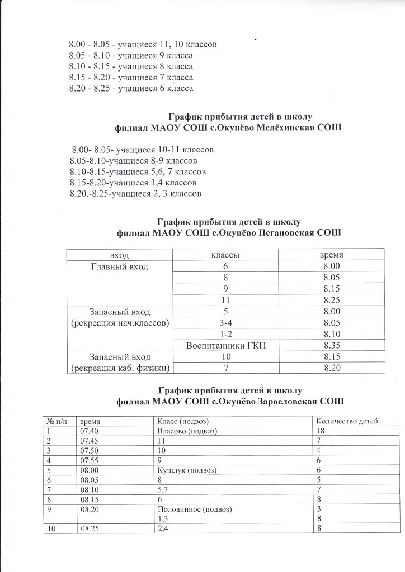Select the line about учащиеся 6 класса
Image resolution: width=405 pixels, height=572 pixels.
click(131, 88)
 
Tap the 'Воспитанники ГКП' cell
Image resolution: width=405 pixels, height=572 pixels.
click(225, 345)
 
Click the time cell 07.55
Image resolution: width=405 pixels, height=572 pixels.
click(89, 461)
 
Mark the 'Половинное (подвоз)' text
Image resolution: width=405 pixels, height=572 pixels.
click(195, 509)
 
